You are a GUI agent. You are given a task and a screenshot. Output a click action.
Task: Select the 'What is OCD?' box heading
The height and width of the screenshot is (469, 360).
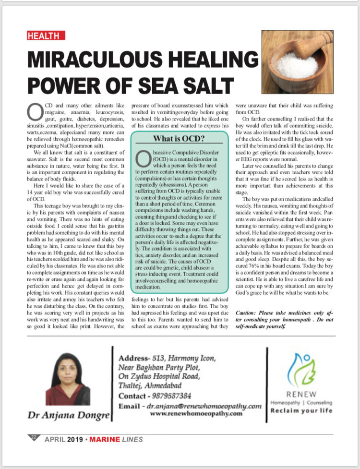coord(179,139)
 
